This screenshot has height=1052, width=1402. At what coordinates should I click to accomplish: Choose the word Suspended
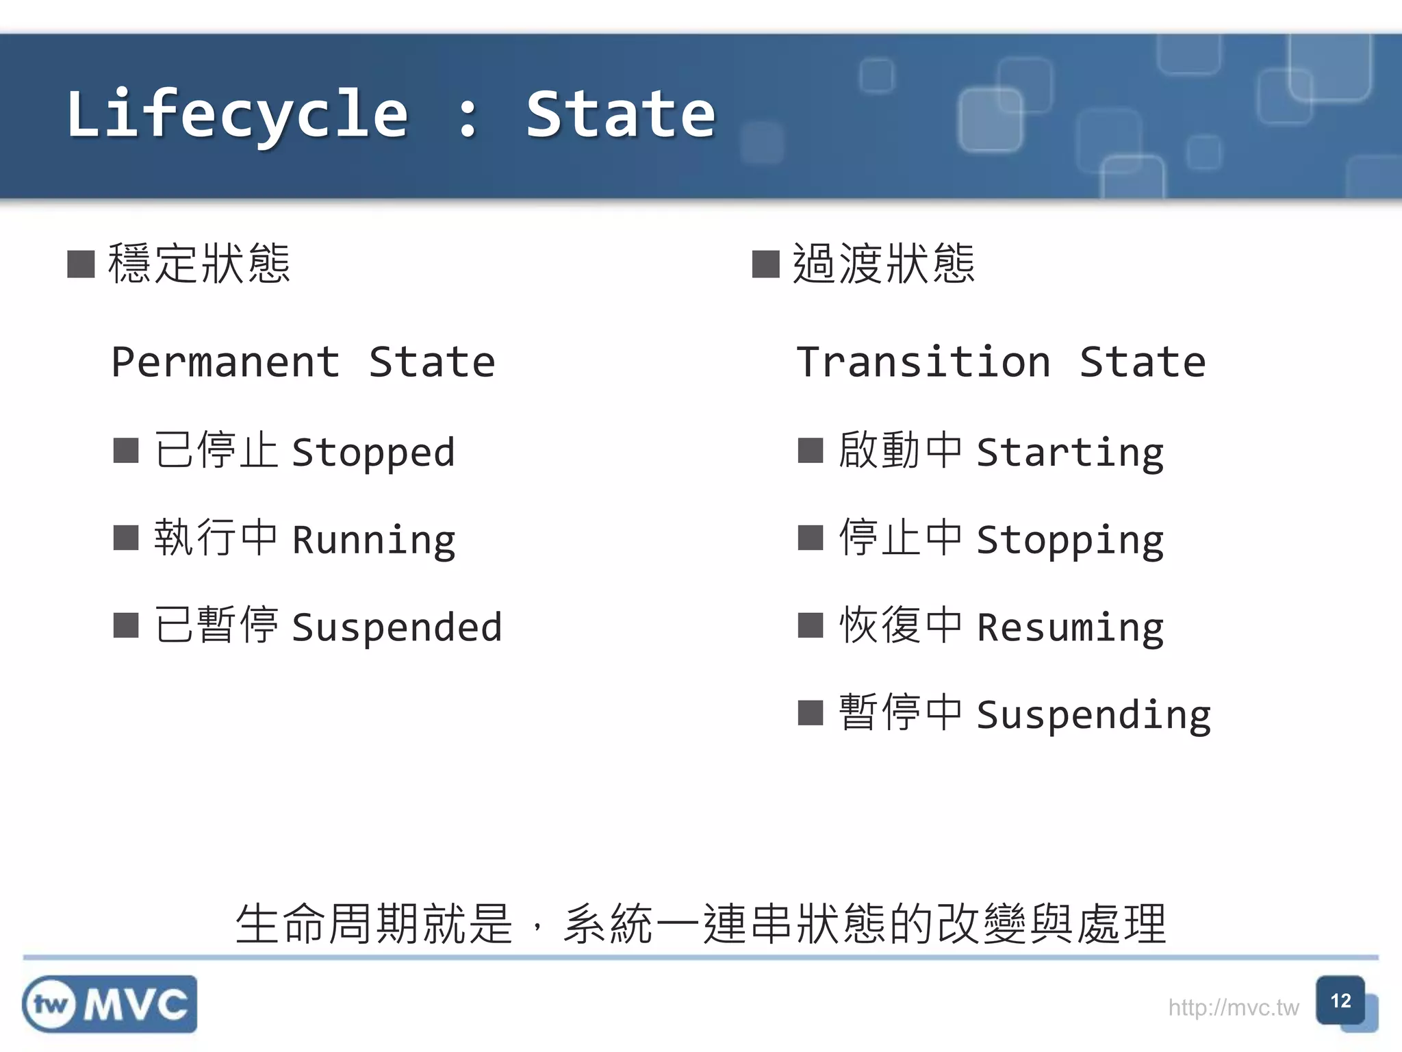tap(397, 627)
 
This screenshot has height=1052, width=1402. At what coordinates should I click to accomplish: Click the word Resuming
tap(1070, 627)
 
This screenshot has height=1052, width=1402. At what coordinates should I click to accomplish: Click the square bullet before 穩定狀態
tap(81, 264)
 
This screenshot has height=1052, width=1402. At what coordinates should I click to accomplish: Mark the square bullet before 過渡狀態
tap(765, 264)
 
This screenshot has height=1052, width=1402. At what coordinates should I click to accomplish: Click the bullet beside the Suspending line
tap(811, 712)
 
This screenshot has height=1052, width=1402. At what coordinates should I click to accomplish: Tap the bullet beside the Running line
tap(126, 538)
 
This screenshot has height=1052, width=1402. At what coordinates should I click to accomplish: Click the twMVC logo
tap(110, 1004)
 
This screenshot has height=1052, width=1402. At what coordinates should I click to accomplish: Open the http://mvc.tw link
tap(1233, 1007)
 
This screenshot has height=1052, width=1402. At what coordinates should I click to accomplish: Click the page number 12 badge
tap(1340, 1001)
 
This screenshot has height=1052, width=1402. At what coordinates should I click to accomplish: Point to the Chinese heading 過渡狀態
tap(883, 264)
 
